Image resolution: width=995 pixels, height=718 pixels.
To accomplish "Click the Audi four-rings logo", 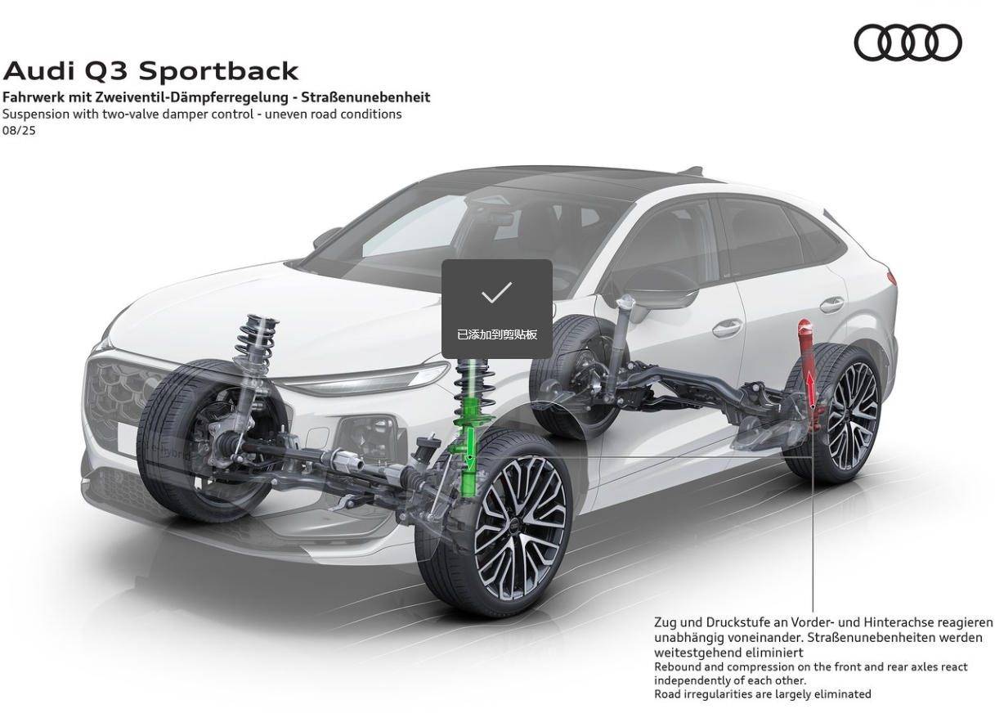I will pyautogui.click(x=908, y=43).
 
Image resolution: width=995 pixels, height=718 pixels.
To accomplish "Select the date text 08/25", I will pyautogui.click(x=19, y=130).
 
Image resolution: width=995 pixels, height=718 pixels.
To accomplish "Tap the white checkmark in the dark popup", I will pyautogui.click(x=496, y=293).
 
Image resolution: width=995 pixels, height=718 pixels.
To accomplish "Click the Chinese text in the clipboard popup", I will pyautogui.click(x=497, y=334).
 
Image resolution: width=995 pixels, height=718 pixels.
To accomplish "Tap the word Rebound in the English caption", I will pyautogui.click(x=677, y=666).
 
